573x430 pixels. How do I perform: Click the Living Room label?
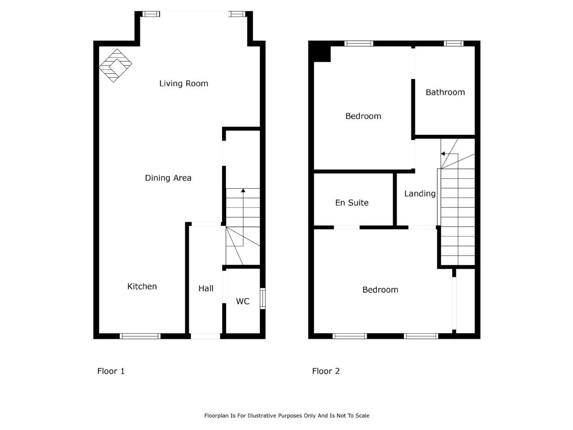tap(184, 84)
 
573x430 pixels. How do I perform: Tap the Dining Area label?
tap(168, 178)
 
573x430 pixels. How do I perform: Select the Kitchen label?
tap(142, 286)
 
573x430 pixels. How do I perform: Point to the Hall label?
tap(206, 288)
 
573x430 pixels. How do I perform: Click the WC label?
tap(243, 301)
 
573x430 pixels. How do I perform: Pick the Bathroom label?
tap(445, 92)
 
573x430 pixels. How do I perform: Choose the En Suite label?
tap(351, 202)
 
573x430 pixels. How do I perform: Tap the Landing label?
tap(420, 193)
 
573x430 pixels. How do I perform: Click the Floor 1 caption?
tap(111, 371)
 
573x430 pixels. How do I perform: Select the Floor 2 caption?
tap(326, 371)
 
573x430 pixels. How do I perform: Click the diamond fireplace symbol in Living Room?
tap(115, 65)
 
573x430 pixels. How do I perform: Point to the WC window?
tap(263, 298)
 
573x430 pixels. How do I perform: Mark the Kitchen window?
tap(140, 336)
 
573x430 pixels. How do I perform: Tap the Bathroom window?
tap(453, 43)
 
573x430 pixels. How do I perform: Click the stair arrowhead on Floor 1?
tap(243, 190)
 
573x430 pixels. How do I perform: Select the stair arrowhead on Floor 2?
tap(443, 154)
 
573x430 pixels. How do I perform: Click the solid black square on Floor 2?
tap(319, 52)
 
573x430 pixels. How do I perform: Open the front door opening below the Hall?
tap(205, 336)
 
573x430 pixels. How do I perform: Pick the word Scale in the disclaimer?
tap(362, 416)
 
